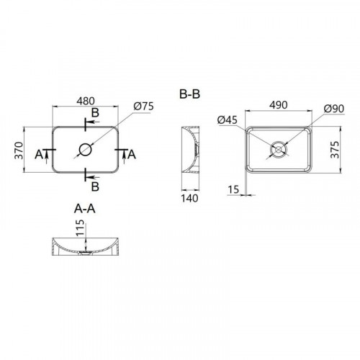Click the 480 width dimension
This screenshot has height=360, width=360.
(x=86, y=101)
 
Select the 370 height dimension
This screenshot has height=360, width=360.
(x=19, y=150)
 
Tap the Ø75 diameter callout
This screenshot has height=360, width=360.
(x=144, y=107)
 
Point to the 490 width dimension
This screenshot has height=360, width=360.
(x=279, y=105)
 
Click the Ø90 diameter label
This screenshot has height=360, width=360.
(x=334, y=109)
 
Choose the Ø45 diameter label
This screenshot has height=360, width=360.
(x=228, y=120)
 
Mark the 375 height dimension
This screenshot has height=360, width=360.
(x=335, y=150)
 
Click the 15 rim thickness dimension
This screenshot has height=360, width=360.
(x=233, y=189)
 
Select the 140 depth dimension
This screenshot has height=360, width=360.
(x=189, y=199)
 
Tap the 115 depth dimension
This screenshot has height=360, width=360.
(x=81, y=228)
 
